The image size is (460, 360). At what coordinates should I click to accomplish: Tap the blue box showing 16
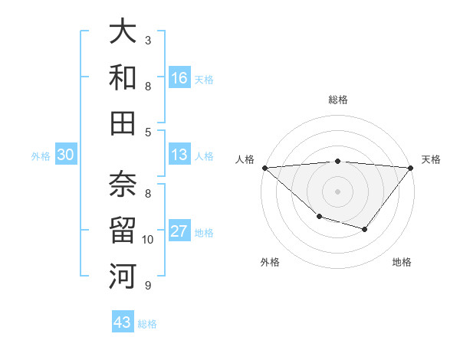coord(179,77)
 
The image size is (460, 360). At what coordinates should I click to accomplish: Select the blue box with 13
coord(179,155)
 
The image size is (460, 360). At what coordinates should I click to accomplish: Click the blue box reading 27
coord(179,231)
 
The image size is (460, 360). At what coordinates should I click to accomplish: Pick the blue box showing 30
coord(66,155)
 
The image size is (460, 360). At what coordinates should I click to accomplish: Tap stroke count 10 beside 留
coord(149,240)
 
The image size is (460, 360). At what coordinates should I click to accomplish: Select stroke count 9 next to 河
coord(148,286)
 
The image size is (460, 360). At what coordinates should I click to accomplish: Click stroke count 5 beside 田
coord(148,132)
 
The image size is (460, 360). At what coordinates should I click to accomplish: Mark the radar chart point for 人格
coord(264,168)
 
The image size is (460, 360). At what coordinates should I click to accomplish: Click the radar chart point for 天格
coord(411,168)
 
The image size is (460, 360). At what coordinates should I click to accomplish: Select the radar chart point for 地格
coord(365,229)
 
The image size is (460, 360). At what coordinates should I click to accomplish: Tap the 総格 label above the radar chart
coord(338,100)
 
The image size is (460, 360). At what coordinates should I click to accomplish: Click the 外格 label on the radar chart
coord(270,262)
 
